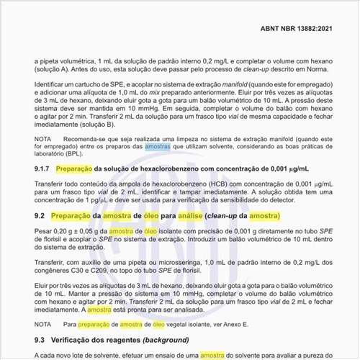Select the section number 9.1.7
pos(45,169)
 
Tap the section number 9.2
pos(40,216)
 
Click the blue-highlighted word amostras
pos(158,145)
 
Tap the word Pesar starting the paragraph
pos(43,231)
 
